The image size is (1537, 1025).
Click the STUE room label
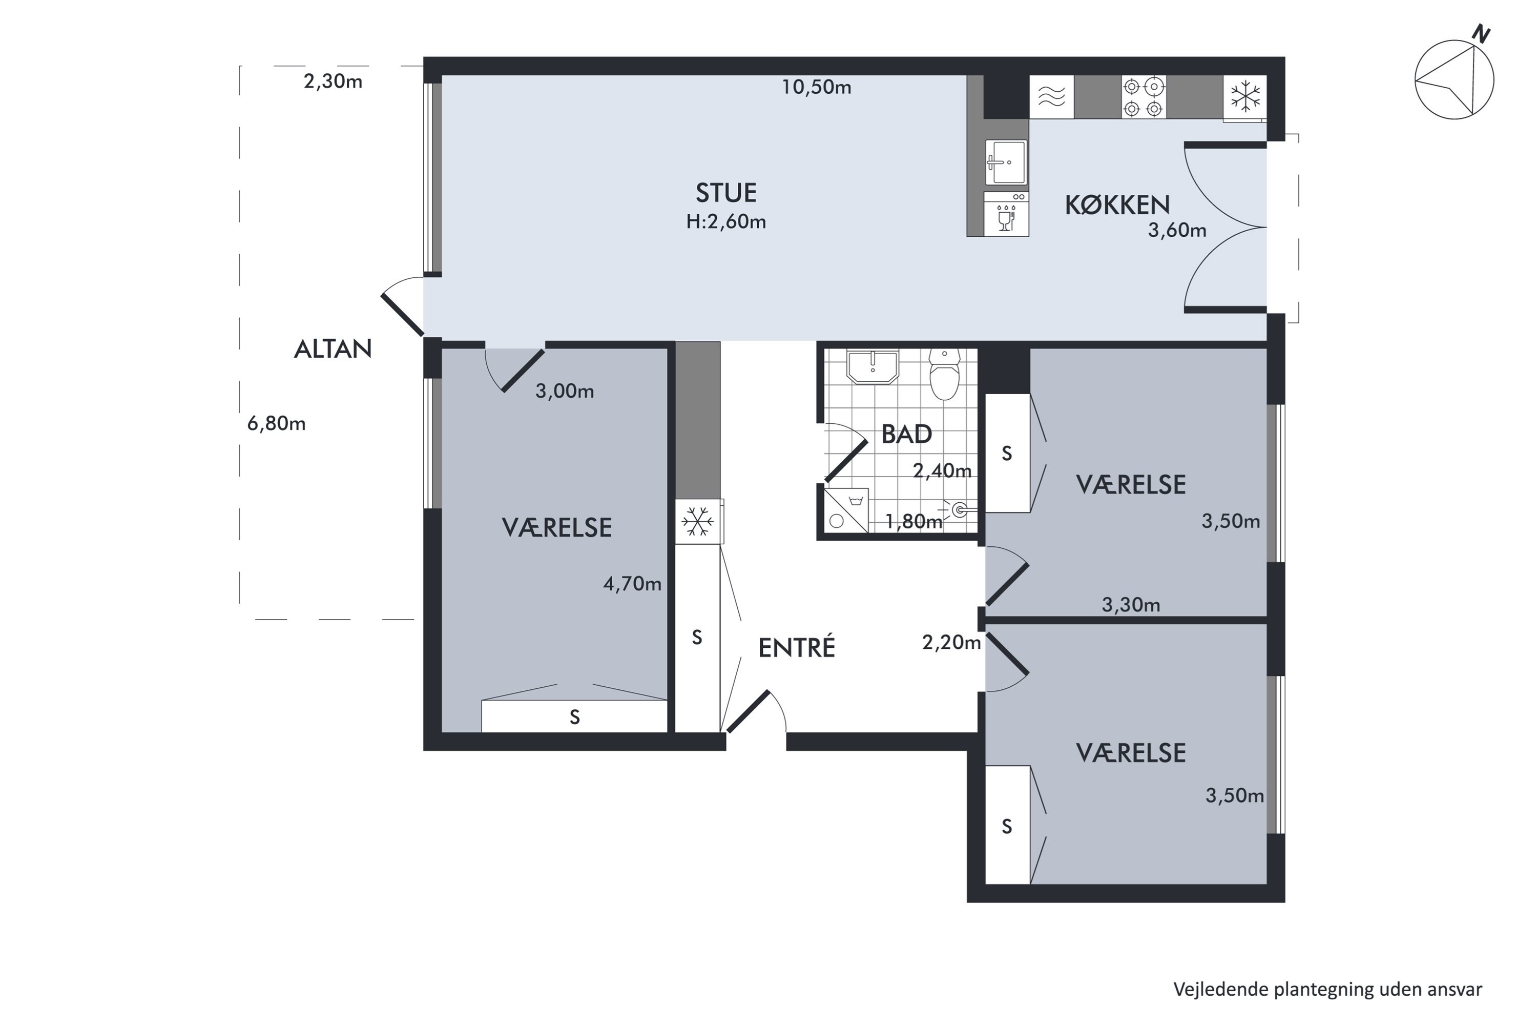pyautogui.click(x=726, y=193)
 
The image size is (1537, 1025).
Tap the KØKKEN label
pyautogui.click(x=1117, y=206)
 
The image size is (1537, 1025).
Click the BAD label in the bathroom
pyautogui.click(x=906, y=434)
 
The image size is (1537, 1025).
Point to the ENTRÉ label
pyautogui.click(x=797, y=647)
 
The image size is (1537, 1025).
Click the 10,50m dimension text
pyautogui.click(x=817, y=87)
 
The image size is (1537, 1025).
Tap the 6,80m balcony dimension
pyautogui.click(x=277, y=424)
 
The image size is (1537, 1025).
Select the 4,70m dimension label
pyautogui.click(x=632, y=584)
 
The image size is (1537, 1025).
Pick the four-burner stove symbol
pyautogui.click(x=1144, y=97)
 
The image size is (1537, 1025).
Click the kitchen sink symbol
pyautogui.click(x=1006, y=162)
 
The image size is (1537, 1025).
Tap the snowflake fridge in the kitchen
pyautogui.click(x=1245, y=97)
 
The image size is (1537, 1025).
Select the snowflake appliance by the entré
pyautogui.click(x=699, y=522)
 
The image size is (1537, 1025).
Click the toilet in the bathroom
pyautogui.click(x=944, y=374)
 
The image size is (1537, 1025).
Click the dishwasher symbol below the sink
pyautogui.click(x=1006, y=214)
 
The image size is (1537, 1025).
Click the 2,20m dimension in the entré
pyautogui.click(x=951, y=643)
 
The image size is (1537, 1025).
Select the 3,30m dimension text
pyautogui.click(x=1131, y=605)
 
